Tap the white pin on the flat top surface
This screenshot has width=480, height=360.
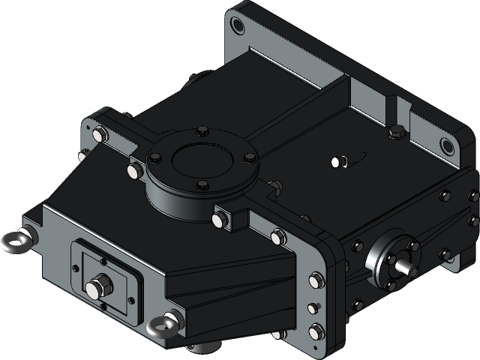[337, 160]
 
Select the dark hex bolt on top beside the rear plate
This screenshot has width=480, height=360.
[397, 133]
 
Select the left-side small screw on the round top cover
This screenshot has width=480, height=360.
[154, 158]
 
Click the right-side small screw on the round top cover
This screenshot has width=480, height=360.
[248, 158]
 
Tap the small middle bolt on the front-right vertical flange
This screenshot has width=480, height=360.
[313, 307]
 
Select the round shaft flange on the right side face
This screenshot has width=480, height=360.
[392, 256]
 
